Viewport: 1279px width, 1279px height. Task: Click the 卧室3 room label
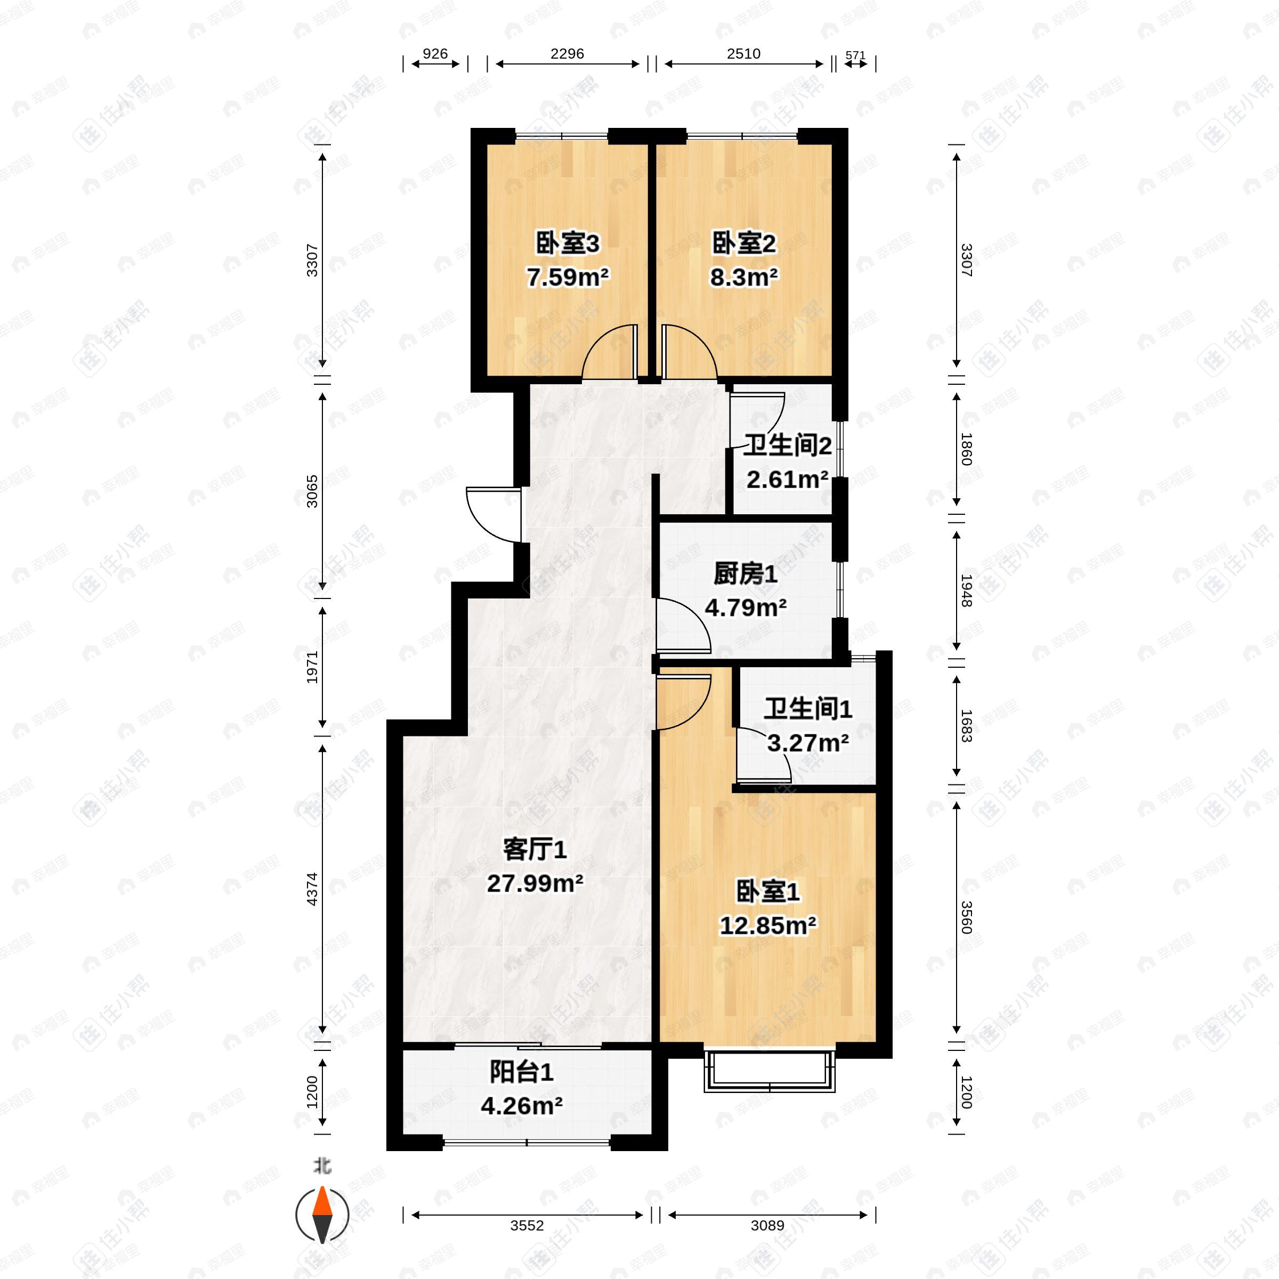click(x=568, y=244)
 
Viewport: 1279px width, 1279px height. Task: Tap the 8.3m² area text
click(x=743, y=277)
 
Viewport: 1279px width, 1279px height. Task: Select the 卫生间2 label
click(x=787, y=446)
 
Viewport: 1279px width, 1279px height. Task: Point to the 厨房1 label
click(x=746, y=574)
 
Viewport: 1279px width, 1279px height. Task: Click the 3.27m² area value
click(x=808, y=743)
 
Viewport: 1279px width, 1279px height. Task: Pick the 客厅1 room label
click(x=535, y=849)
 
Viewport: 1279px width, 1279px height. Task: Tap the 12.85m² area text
click(x=768, y=925)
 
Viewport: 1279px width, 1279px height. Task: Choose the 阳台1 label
click(x=522, y=1072)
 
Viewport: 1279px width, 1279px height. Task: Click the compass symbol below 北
click(x=322, y=1216)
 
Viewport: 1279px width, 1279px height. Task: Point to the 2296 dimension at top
click(x=568, y=54)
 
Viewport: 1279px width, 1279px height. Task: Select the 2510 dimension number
click(x=743, y=54)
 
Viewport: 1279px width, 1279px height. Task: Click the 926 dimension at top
click(x=435, y=54)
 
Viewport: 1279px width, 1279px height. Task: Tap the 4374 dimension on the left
click(x=312, y=889)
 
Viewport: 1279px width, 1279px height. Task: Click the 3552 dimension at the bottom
click(x=527, y=1225)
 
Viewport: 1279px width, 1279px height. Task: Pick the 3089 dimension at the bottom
click(x=767, y=1225)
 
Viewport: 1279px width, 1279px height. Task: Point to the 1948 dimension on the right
click(x=967, y=590)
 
